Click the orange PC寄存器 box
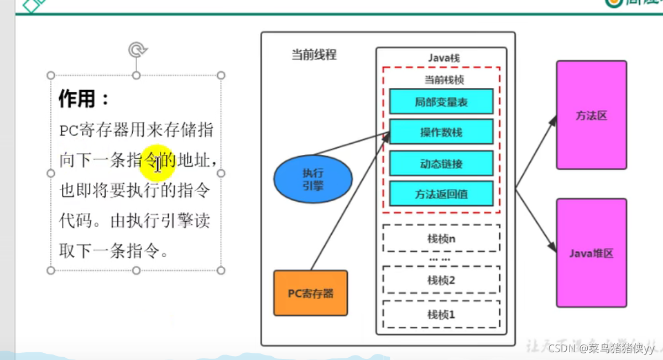(310, 293)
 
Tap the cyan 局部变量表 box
(441, 102)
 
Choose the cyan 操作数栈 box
(441, 132)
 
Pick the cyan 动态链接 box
(441, 163)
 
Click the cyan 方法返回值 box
(441, 194)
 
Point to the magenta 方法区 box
(591, 115)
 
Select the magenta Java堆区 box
(591, 253)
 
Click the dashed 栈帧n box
(441, 238)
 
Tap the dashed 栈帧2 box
(441, 280)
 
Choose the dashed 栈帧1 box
(441, 314)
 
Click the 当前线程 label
(314, 55)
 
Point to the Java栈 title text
(444, 58)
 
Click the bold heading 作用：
(85, 99)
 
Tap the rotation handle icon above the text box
(136, 50)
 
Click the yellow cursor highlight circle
(158, 163)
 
